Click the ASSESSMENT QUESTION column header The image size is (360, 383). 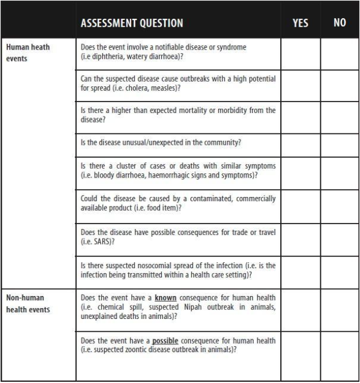pyautogui.click(x=132, y=23)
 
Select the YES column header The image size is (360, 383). pyautogui.click(x=300, y=23)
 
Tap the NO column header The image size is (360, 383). pyautogui.click(x=339, y=23)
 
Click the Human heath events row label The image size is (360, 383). pyautogui.click(x=28, y=53)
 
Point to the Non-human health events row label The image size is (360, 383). pyautogui.click(x=28, y=304)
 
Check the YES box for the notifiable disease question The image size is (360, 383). pyautogui.click(x=300, y=54)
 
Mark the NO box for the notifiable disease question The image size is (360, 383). pyautogui.click(x=339, y=54)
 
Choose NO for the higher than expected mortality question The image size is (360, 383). pyautogui.click(x=339, y=115)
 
